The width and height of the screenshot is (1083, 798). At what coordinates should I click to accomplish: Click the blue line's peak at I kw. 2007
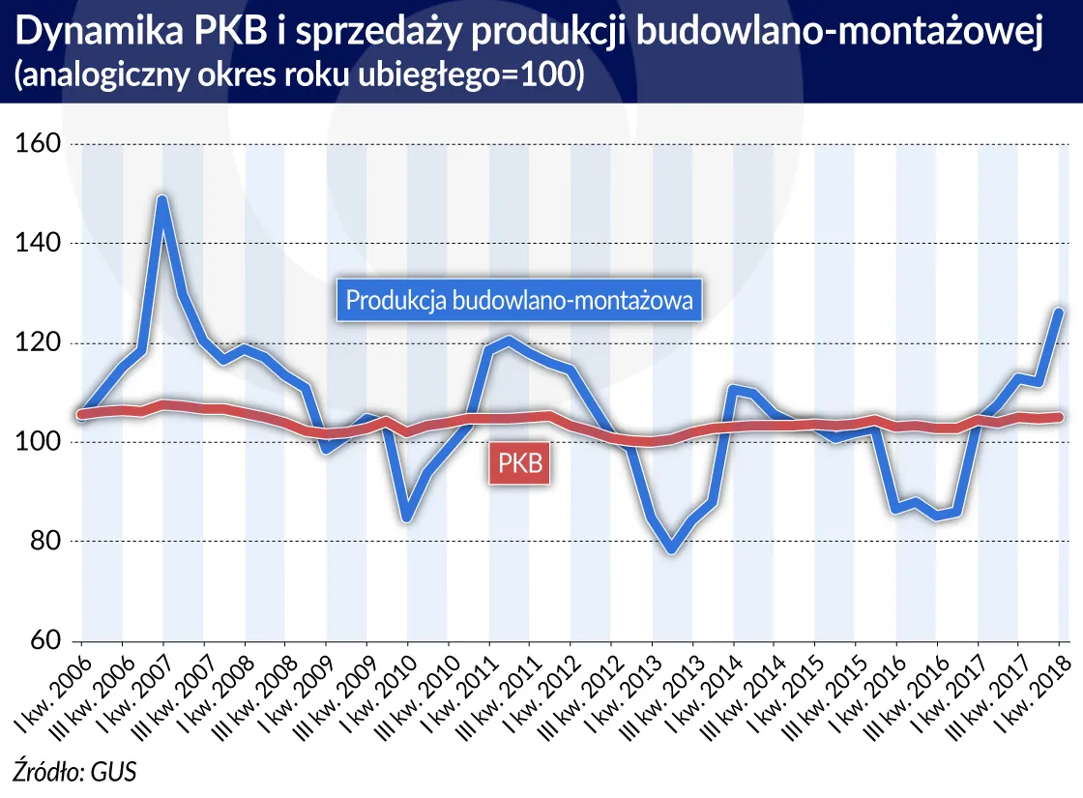(162, 199)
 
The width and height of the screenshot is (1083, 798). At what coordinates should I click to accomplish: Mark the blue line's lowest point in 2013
(672, 549)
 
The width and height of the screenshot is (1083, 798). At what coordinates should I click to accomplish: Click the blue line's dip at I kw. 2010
(407, 517)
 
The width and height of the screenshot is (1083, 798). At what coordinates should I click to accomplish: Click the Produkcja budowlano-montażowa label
(519, 301)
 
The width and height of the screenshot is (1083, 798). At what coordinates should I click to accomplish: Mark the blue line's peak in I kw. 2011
(510, 340)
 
